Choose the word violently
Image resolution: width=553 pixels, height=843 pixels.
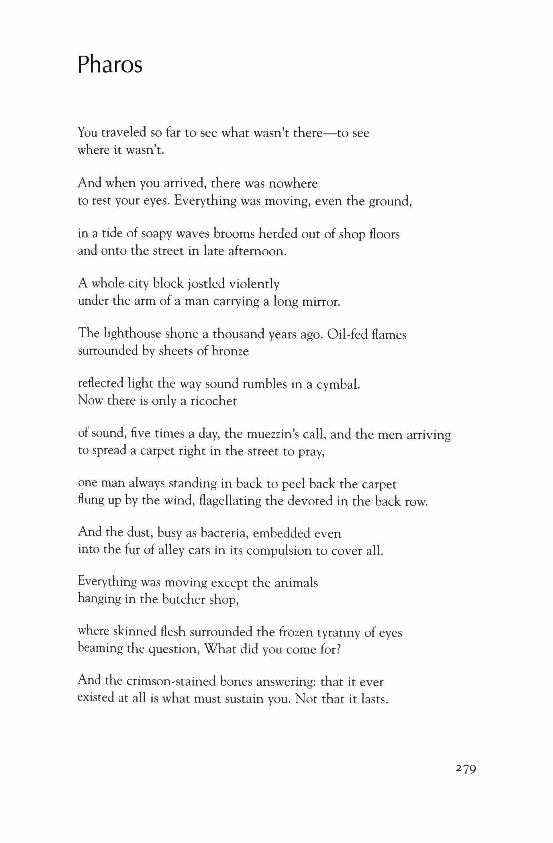[254, 284]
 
